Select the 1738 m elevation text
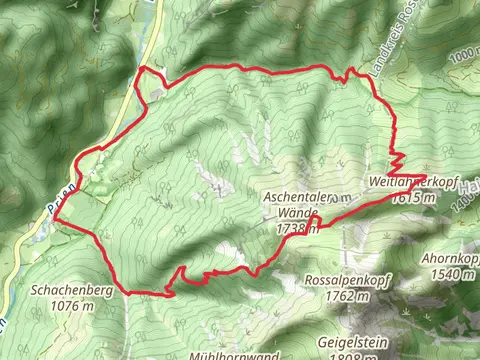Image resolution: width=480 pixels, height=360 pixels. tap(297, 229)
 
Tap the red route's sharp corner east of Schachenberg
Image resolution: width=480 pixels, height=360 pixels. tap(171, 294)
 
